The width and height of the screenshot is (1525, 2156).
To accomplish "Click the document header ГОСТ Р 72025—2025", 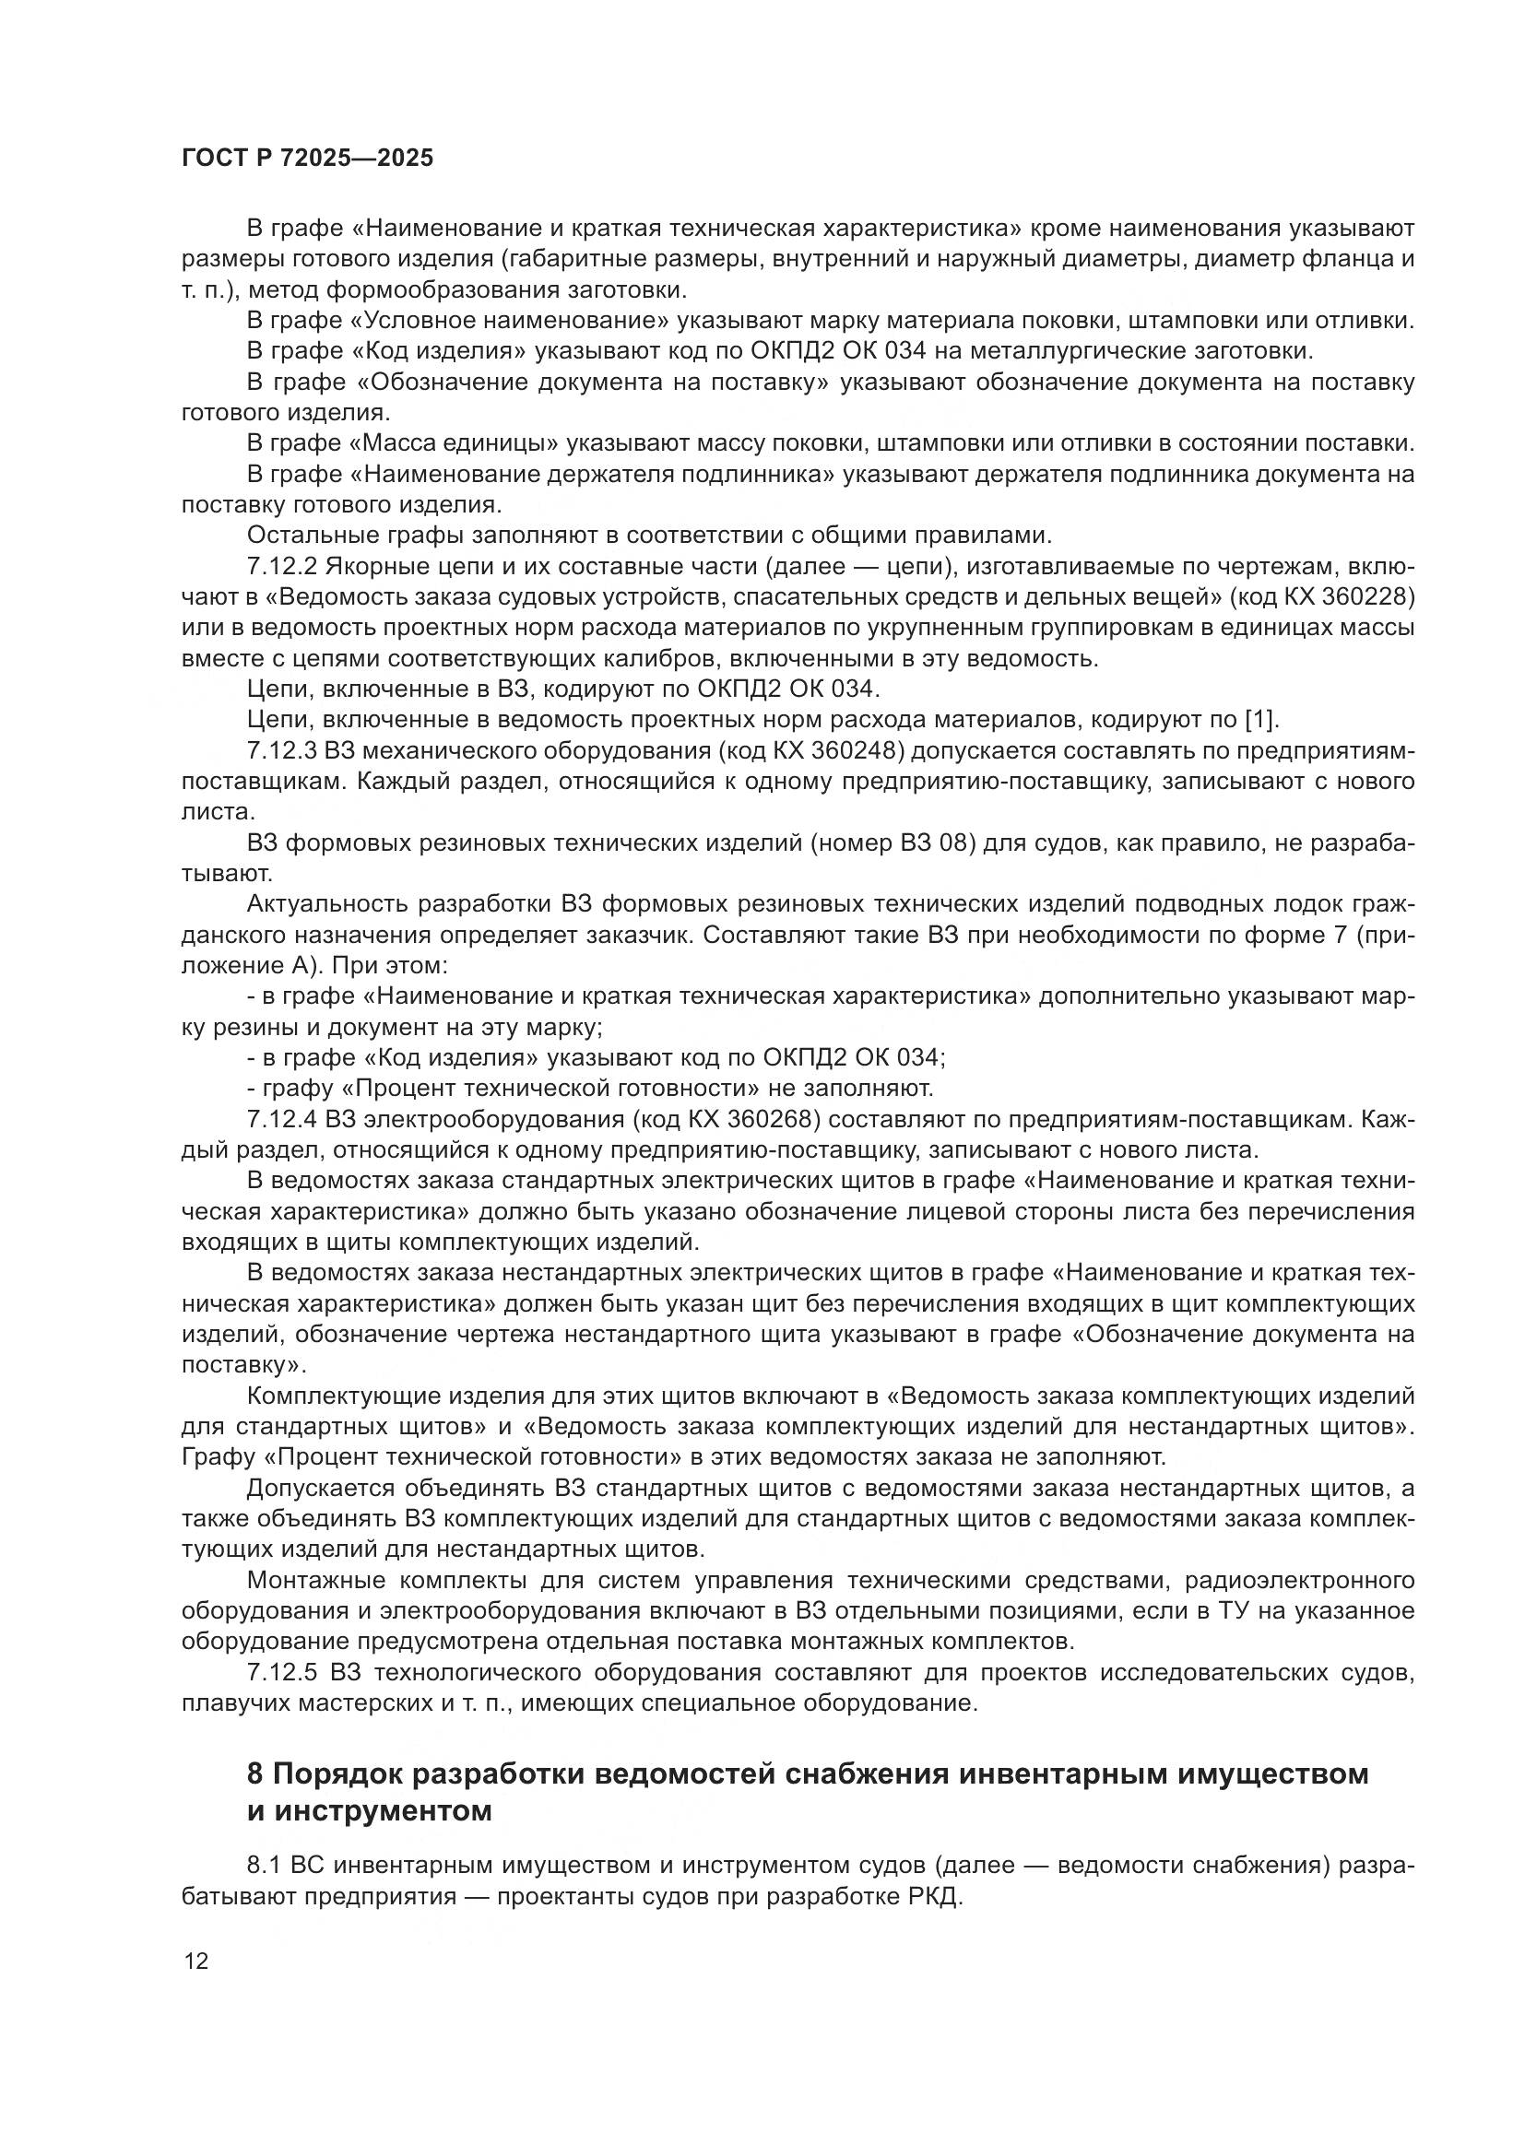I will (307, 158).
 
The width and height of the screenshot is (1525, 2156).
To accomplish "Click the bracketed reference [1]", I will (1261, 720).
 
